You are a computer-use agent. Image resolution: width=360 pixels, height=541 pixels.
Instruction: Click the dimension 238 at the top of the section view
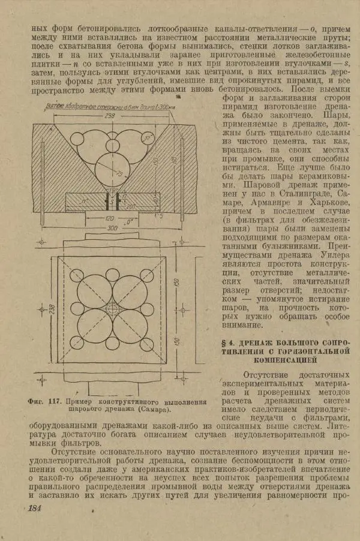click(109, 115)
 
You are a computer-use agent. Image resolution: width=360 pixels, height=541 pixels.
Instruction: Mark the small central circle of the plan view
click(112, 308)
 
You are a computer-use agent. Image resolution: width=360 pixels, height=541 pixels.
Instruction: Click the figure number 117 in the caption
click(56, 401)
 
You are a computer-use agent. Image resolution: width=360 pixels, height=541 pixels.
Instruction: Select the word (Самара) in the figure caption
click(145, 410)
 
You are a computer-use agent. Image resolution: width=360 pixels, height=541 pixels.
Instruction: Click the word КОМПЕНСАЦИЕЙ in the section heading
click(284, 361)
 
